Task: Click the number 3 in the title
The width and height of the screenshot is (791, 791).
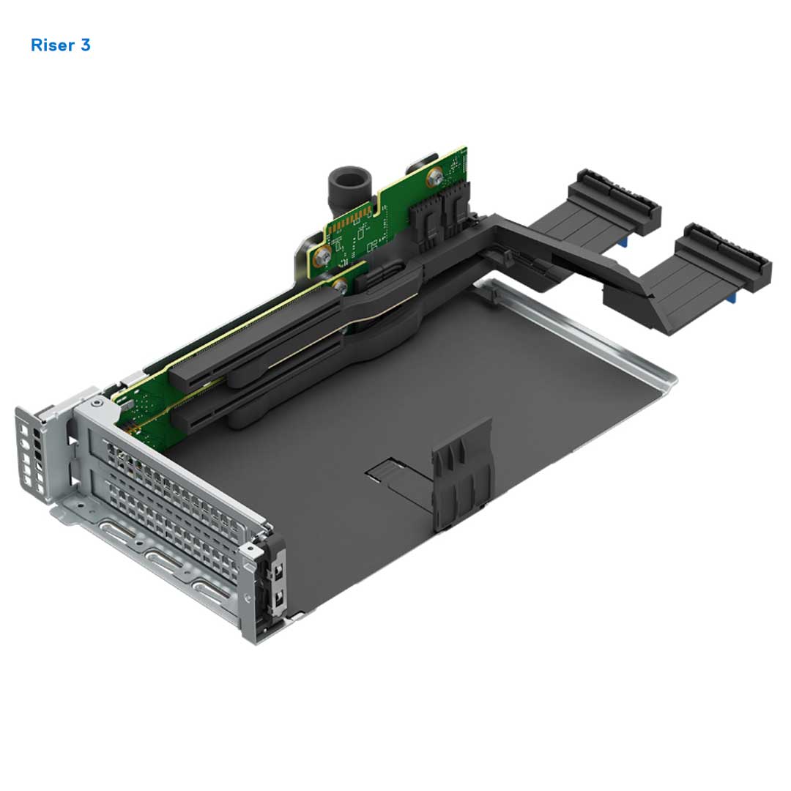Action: pos(86,45)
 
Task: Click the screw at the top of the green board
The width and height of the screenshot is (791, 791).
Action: pos(436,177)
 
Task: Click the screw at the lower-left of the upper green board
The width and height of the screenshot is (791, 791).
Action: pos(320,257)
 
